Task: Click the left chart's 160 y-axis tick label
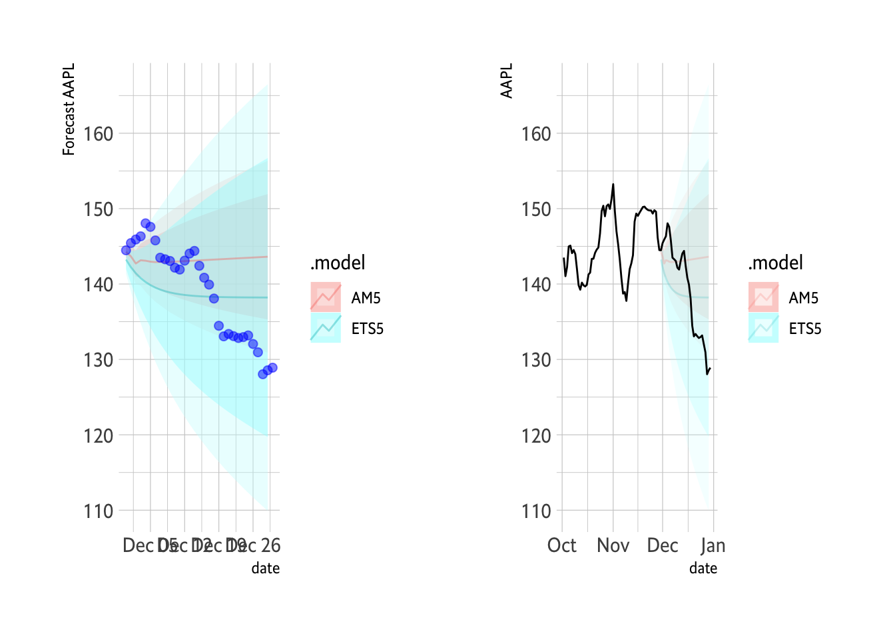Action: click(x=98, y=134)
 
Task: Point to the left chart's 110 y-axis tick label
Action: click(x=98, y=511)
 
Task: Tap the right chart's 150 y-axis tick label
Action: click(x=536, y=209)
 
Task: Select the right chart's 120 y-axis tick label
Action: click(x=536, y=436)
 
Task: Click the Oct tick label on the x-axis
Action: click(x=561, y=546)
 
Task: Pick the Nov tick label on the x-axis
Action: click(x=613, y=546)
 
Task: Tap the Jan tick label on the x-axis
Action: click(x=713, y=546)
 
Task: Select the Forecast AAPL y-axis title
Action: click(x=69, y=109)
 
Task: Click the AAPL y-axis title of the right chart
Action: click(x=507, y=81)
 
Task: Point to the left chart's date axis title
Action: click(x=265, y=569)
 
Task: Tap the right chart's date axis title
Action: click(x=703, y=569)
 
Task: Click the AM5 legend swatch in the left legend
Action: click(x=326, y=297)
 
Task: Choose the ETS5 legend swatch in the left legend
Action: click(x=326, y=328)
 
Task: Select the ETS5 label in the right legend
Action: click(x=805, y=329)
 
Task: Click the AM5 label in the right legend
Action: click(x=804, y=298)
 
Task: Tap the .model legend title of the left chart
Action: click(x=338, y=263)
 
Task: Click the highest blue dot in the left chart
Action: click(x=145, y=223)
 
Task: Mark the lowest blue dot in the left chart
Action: click(x=262, y=374)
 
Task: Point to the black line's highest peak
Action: click(x=613, y=185)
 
